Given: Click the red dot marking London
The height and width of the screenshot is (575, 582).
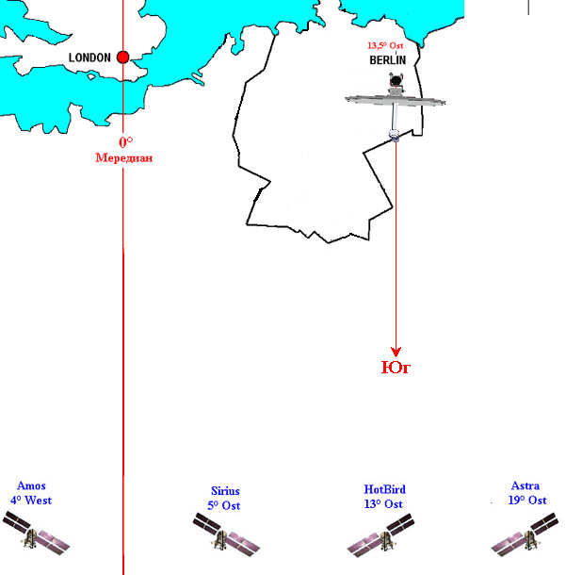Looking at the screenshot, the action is click(122, 57).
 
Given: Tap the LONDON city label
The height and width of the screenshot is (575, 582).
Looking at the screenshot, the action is click(89, 57).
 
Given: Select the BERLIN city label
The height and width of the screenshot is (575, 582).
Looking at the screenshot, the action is click(387, 60).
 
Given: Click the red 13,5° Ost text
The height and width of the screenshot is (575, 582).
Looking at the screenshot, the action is click(385, 45).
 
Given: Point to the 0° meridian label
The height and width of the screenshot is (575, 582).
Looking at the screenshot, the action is click(126, 142).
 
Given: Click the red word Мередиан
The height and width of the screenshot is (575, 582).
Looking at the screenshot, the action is click(123, 157).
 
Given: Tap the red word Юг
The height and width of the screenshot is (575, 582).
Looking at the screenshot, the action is click(396, 368).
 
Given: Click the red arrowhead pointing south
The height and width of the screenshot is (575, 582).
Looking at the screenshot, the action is click(396, 352).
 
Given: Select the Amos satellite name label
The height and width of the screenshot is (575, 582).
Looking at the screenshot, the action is click(31, 485).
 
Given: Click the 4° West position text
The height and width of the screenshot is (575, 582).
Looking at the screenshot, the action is click(31, 501).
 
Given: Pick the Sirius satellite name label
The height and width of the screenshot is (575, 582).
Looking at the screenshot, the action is click(225, 491).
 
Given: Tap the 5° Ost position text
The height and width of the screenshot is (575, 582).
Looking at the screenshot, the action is click(224, 505).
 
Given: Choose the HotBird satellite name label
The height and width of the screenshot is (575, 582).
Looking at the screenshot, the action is click(384, 489).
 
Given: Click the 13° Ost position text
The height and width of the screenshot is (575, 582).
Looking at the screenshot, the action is click(383, 504).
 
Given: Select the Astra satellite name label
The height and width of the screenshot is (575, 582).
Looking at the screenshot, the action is click(525, 485).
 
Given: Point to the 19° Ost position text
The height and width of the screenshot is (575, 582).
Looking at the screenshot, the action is click(527, 501).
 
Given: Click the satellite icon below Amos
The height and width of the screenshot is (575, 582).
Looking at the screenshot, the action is click(36, 534).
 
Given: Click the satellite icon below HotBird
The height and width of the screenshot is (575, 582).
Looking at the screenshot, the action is click(380, 535).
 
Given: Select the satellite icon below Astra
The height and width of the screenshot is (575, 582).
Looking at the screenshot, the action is click(525, 534).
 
